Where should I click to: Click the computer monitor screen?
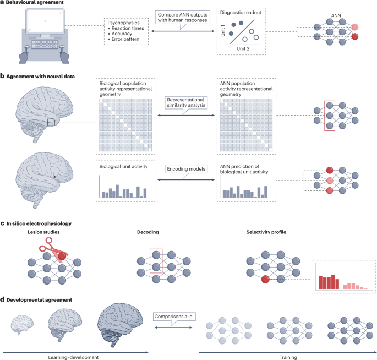click(43, 24)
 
